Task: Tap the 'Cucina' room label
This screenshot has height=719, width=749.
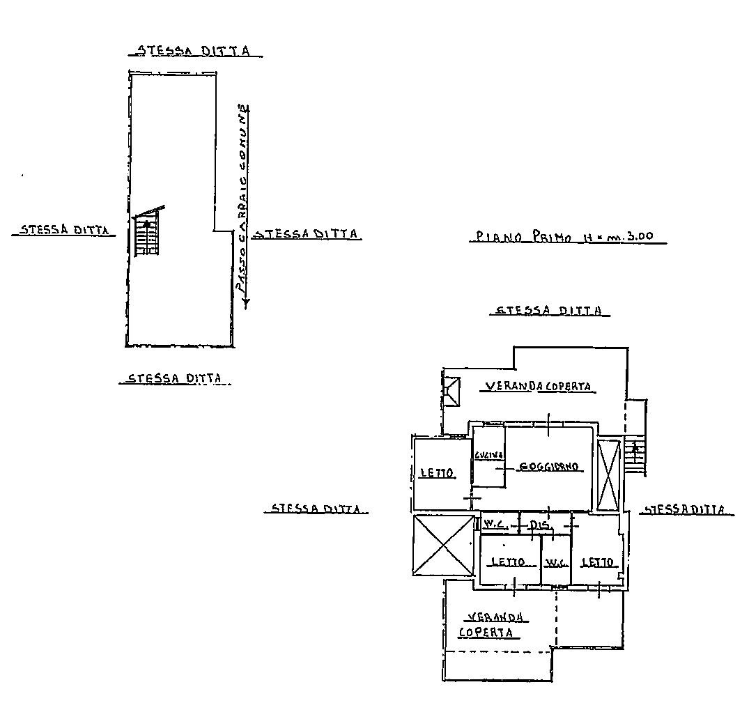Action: coord(485,456)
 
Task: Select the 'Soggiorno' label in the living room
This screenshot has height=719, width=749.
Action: coord(550,467)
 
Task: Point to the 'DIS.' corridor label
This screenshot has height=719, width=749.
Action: coord(539,523)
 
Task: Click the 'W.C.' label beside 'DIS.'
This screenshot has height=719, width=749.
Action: coord(495,523)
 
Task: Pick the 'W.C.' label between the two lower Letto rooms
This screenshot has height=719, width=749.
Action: coord(555,562)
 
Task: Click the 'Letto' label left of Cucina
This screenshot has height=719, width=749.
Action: coord(437,473)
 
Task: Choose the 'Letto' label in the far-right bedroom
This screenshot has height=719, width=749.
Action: coord(598,562)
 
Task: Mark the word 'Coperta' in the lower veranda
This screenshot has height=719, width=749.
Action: coord(486,633)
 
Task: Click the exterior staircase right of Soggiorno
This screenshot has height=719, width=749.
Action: coord(634,456)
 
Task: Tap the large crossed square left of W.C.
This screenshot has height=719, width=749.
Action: coord(443,545)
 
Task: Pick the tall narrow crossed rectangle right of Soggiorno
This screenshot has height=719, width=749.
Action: coord(608,475)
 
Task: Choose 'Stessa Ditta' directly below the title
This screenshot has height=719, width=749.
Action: coord(549,311)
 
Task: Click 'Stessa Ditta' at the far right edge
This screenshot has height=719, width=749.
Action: coord(687,510)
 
